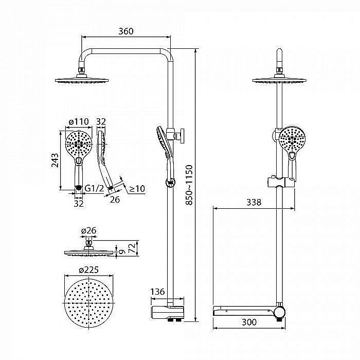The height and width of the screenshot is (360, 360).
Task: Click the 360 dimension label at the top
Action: coord(126,31)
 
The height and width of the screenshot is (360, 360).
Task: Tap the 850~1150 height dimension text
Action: coord(189,185)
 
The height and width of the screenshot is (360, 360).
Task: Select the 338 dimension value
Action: coord(254,202)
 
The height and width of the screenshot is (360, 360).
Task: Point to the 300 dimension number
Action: coord(249,322)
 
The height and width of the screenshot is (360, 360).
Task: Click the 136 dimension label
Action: coord(157,292)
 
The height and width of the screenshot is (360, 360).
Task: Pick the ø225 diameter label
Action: coord(88,270)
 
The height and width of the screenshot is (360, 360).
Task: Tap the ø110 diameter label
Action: coord(79,121)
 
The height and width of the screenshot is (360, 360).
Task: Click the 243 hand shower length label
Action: coord(55,160)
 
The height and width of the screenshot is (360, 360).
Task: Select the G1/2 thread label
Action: coord(94,188)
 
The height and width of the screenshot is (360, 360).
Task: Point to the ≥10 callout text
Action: coord(137,189)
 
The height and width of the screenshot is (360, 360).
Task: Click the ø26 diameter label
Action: coord(89,230)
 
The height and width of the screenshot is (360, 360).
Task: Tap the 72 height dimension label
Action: coord(132,248)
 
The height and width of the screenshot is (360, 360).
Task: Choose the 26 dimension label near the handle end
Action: coord(115,200)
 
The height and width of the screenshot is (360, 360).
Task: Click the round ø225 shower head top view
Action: coord(89,303)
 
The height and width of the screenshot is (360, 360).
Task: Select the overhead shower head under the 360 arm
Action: coord(82,79)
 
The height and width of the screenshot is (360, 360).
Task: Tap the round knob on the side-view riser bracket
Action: coord(182,136)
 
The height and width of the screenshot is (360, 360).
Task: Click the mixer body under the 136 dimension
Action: coord(167,312)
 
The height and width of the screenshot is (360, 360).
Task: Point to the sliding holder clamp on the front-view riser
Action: coord(282,182)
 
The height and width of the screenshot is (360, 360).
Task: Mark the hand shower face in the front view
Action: coord(292,139)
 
